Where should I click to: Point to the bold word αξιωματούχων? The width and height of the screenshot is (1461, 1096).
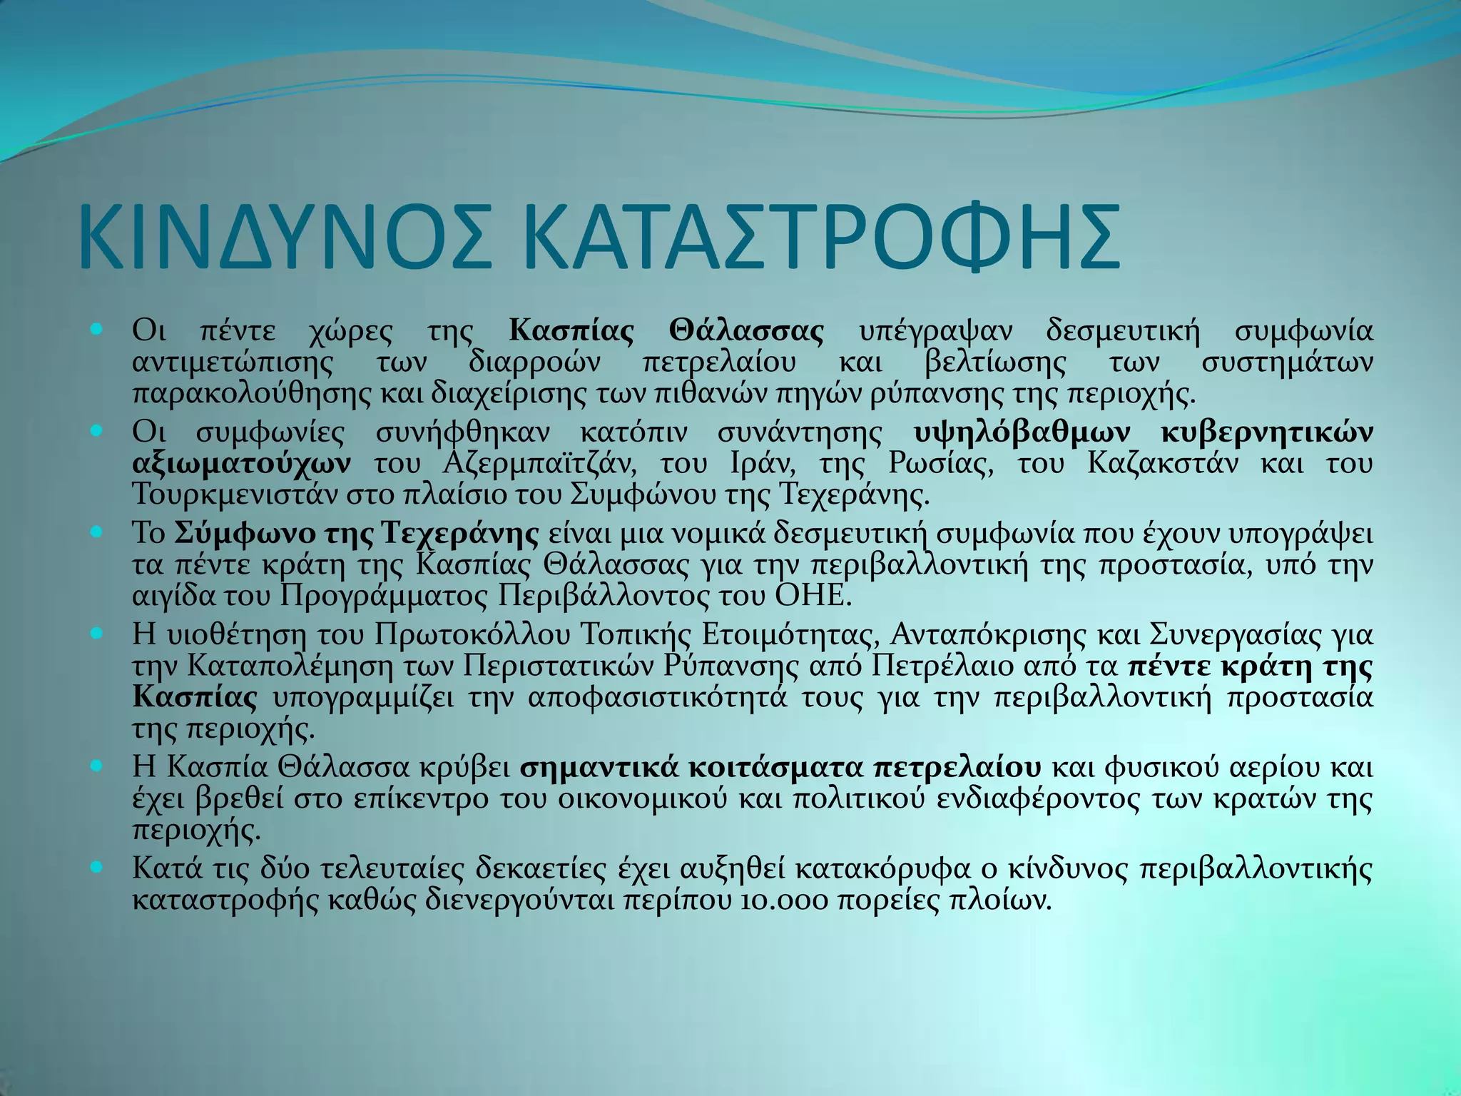(242, 465)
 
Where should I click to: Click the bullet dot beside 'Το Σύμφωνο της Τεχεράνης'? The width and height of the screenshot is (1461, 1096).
(98, 532)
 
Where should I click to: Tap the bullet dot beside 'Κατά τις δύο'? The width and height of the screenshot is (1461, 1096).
(98, 868)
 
